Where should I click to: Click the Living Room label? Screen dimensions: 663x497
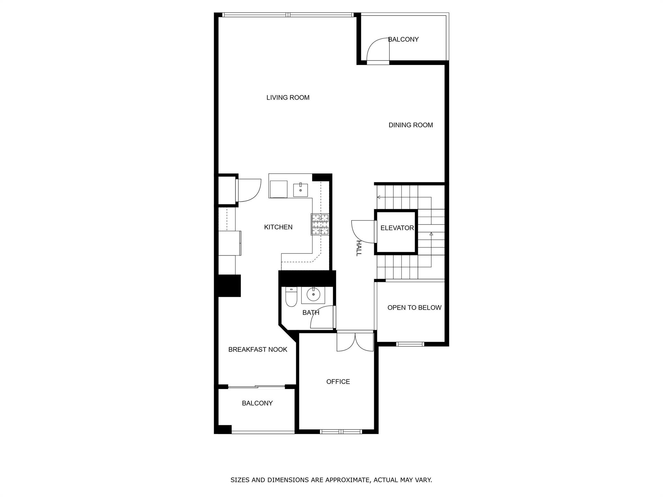point(288,97)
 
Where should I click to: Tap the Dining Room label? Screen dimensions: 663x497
point(410,125)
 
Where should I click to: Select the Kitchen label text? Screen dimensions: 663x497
point(278,227)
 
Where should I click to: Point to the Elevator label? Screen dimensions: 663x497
point(397,228)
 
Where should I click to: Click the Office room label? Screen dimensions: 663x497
point(338,382)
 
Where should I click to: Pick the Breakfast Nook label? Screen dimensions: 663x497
point(258,349)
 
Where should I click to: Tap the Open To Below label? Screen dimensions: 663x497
point(414,308)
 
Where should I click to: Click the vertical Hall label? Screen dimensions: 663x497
point(358,248)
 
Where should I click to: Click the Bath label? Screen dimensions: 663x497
point(311,313)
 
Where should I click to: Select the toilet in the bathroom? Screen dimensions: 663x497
point(291,297)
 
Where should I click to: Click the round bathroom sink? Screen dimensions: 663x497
point(313,294)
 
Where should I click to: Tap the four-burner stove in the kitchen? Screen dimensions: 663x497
point(320,224)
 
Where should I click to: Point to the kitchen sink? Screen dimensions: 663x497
point(300,190)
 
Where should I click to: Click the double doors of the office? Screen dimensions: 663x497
point(355,342)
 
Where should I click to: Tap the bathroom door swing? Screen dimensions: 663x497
point(322,317)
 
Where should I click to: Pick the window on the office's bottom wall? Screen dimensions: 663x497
point(341,431)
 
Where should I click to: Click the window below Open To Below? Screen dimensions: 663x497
point(410,344)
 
